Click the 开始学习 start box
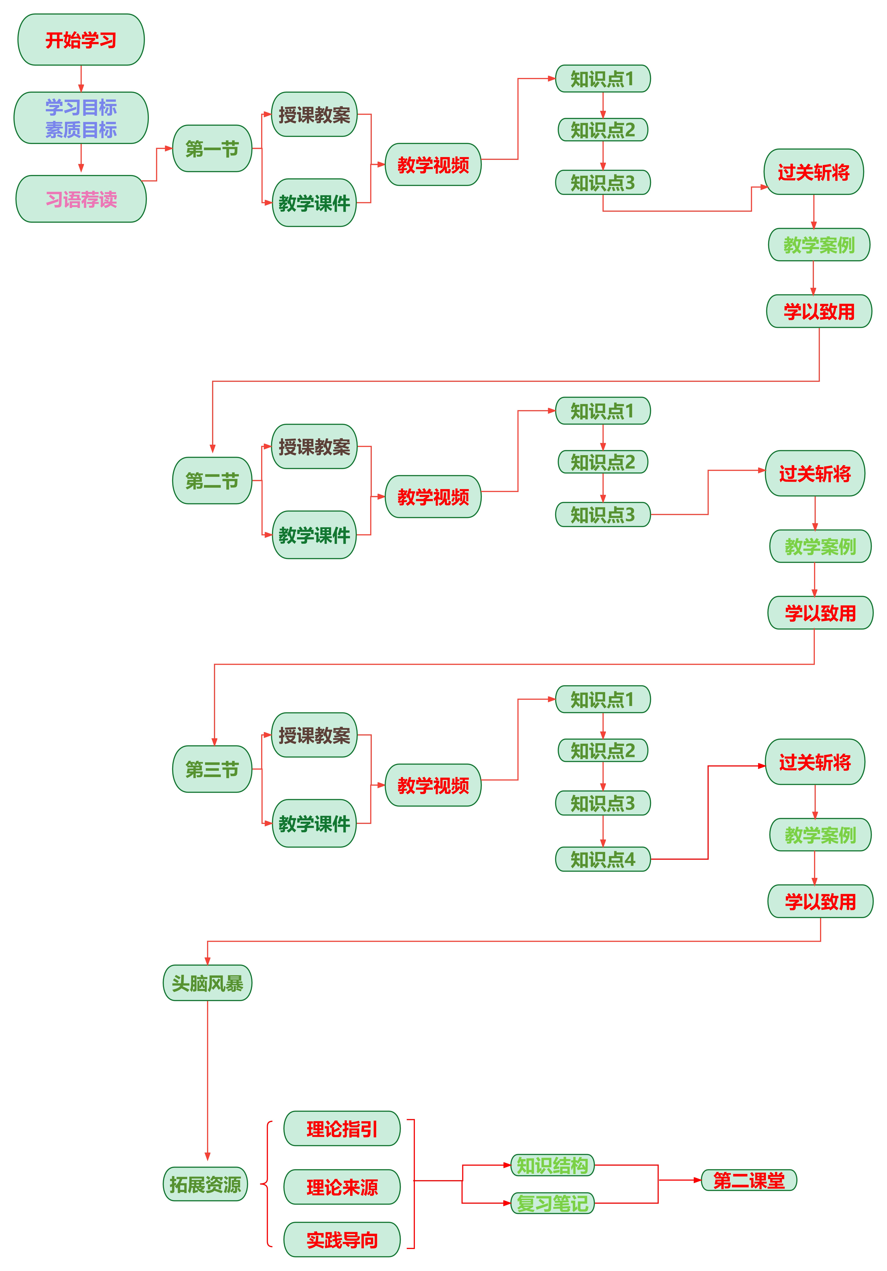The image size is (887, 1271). (x=81, y=40)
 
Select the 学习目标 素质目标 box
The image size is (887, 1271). (x=81, y=118)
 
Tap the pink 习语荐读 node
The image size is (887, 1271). (x=81, y=199)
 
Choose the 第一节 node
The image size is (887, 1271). (x=212, y=148)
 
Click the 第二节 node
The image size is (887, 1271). (x=212, y=480)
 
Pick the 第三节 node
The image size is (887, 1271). (x=212, y=769)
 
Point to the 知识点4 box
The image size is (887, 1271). (x=602, y=859)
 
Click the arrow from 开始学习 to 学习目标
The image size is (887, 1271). (x=81, y=79)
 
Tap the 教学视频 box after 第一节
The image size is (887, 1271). (x=433, y=164)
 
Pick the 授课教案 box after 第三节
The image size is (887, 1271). (x=314, y=735)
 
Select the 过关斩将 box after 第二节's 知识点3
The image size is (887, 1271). (x=814, y=473)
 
